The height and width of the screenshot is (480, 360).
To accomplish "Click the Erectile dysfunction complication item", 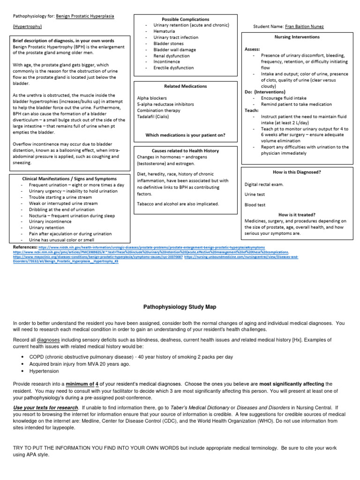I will pyautogui.click(x=173, y=68).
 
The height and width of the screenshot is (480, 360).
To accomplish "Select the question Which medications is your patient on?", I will pyautogui.click(x=185, y=135).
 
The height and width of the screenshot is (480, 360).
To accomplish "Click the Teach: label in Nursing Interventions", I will pyautogui.click(x=252, y=110).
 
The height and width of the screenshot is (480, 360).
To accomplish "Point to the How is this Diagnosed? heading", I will pyautogui.click(x=297, y=172).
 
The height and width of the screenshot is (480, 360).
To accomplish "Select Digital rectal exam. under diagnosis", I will pyautogui.click(x=264, y=184).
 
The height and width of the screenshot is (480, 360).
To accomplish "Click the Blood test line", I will pyautogui.click(x=255, y=205).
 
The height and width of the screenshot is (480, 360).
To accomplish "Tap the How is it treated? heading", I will pyautogui.click(x=297, y=214).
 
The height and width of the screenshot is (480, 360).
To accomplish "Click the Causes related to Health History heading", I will pyautogui.click(x=185, y=150).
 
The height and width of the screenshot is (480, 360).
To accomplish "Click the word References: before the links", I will pyautogui.click(x=25, y=247).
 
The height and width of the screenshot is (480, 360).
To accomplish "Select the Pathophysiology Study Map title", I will pyautogui.click(x=180, y=307).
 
